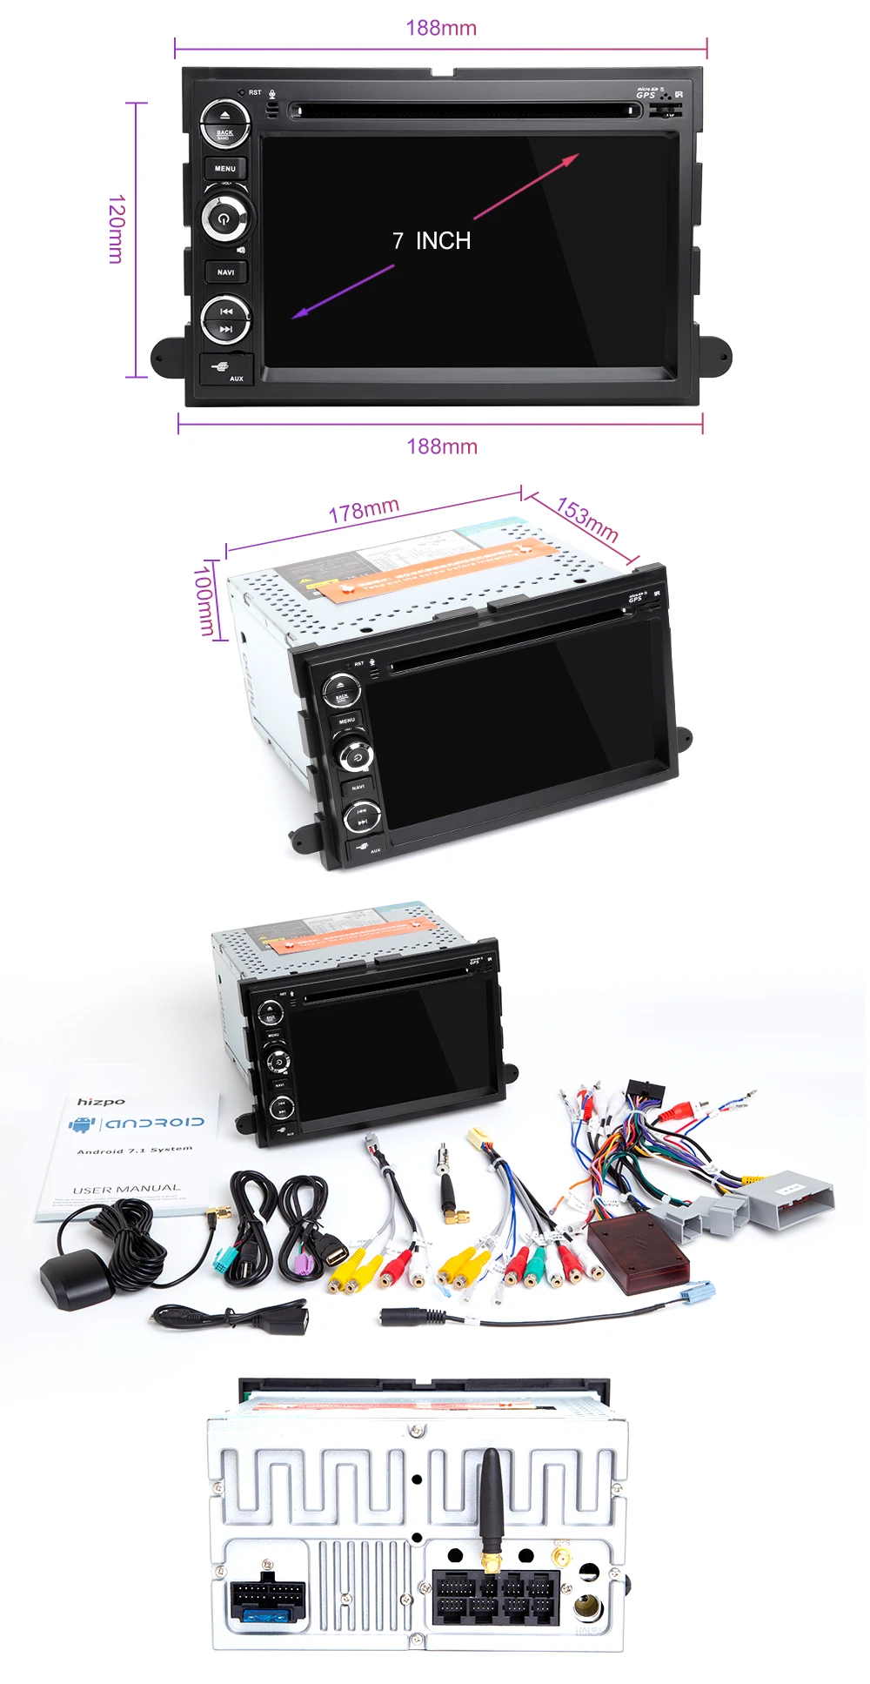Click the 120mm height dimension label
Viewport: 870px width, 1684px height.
click(116, 229)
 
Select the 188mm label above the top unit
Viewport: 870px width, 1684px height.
click(441, 28)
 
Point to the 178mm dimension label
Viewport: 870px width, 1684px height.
click(364, 511)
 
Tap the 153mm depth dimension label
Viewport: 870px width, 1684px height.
click(587, 520)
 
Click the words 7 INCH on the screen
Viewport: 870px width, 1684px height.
click(432, 241)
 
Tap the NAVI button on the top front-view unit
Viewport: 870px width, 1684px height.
click(225, 272)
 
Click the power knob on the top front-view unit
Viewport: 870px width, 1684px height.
click(225, 218)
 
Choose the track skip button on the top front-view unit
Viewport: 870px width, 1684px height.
click(225, 319)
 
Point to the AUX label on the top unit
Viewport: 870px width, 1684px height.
click(236, 379)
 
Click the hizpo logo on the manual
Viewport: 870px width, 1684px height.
click(101, 1102)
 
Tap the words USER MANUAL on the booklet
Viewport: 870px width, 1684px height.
click(127, 1189)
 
